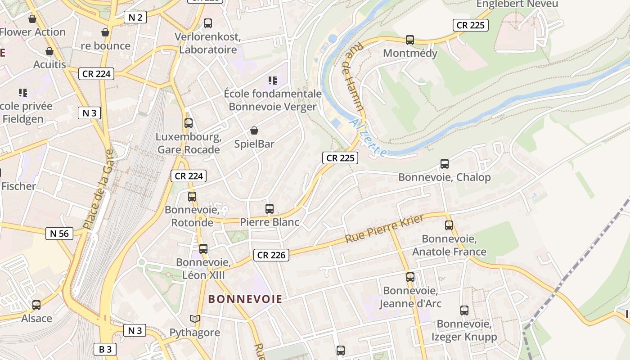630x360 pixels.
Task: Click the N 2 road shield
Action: [x=135, y=18]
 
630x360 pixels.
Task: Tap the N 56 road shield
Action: [x=59, y=233]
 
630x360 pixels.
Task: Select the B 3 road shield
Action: [x=105, y=349]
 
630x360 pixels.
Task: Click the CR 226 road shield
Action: [x=271, y=255]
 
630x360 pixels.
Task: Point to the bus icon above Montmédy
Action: [x=410, y=40]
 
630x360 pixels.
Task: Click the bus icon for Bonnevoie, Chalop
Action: [x=445, y=164]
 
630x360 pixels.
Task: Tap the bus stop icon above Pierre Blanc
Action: [x=270, y=209]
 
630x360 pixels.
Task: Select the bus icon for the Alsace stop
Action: [x=36, y=305]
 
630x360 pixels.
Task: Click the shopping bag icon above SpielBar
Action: [x=254, y=130]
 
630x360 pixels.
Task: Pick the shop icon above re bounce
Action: [x=105, y=32]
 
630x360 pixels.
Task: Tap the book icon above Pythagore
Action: [x=194, y=319]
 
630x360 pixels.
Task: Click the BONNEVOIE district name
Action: [x=245, y=299]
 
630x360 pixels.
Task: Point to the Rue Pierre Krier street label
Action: [x=385, y=229]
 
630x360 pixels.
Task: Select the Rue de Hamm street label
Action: [x=355, y=76]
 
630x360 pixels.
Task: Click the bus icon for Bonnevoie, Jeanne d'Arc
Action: [x=410, y=277]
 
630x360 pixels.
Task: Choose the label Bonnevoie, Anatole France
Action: [x=449, y=245]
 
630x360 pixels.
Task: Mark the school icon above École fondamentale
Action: [x=273, y=81]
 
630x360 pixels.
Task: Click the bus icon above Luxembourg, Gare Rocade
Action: [x=189, y=123]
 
